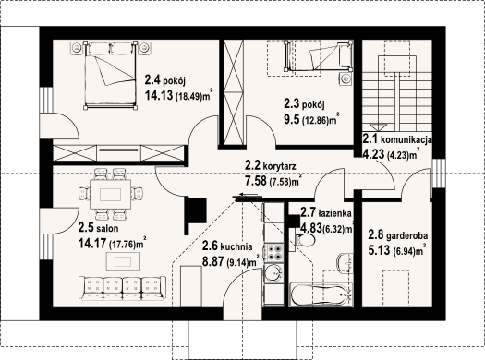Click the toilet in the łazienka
pos(304,240)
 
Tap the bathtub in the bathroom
pos(321,295)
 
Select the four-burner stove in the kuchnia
pos(273,252)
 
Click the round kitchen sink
pos(273,273)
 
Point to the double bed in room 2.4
pos(110,75)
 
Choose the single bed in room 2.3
pos(319,56)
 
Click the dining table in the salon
pos(110,195)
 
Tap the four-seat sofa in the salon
pos(122,288)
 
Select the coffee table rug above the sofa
pos(123,261)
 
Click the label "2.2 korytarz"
pos(270,165)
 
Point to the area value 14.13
pos(159,95)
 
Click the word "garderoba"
pos(407,236)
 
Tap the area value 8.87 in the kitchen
pos(212,261)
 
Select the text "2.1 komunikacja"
pos(397,139)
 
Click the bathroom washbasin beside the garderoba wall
pos(346,263)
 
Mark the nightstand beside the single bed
pos(346,79)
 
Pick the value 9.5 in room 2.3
pos(292,119)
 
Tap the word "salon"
pos(107,229)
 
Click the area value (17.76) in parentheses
pos(123,245)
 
